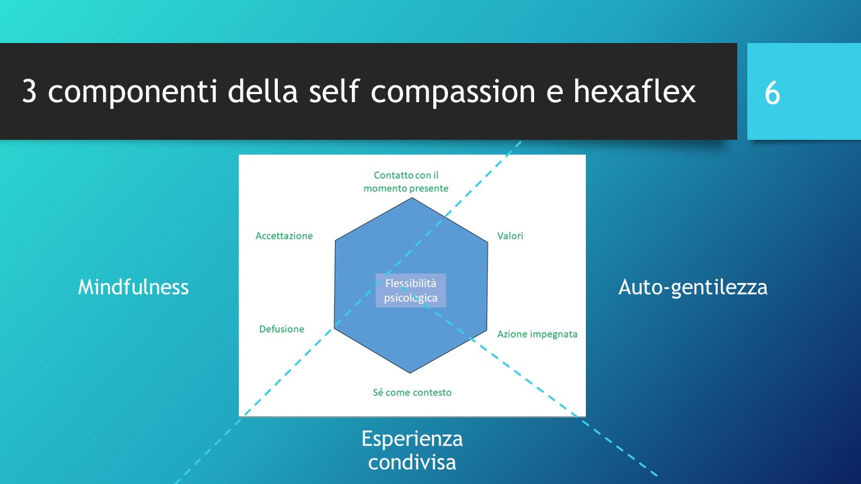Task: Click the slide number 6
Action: (x=772, y=93)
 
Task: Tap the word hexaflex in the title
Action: (x=634, y=91)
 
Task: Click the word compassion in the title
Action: (x=453, y=94)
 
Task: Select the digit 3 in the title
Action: (x=29, y=91)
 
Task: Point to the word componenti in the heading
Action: (x=133, y=94)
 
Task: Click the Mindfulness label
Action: (x=133, y=287)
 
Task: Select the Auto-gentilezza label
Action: (x=693, y=288)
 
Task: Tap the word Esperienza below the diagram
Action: (x=412, y=439)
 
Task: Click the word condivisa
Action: (x=412, y=462)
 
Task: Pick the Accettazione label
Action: (x=284, y=236)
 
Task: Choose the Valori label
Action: (x=510, y=236)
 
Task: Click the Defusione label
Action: (x=282, y=329)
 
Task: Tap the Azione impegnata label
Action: (x=537, y=334)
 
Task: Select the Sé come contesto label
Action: (x=412, y=393)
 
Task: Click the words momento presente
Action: (x=406, y=189)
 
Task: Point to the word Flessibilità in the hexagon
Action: (x=410, y=284)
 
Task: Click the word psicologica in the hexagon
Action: (x=410, y=298)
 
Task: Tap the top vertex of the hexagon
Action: (x=412, y=198)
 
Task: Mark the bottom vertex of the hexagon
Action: (x=410, y=373)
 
